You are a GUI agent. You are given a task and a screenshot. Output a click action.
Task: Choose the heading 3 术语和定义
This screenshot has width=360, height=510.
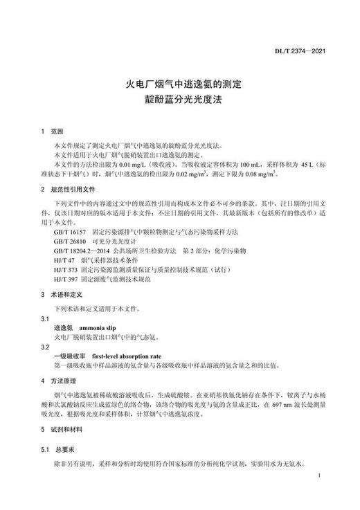click(66, 293)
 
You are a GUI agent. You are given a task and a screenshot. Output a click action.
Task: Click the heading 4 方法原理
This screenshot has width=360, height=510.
click(66, 381)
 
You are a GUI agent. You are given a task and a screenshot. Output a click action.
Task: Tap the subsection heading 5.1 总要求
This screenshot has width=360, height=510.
click(63, 449)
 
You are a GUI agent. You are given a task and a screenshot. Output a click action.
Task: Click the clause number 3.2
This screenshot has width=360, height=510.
click(46, 345)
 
